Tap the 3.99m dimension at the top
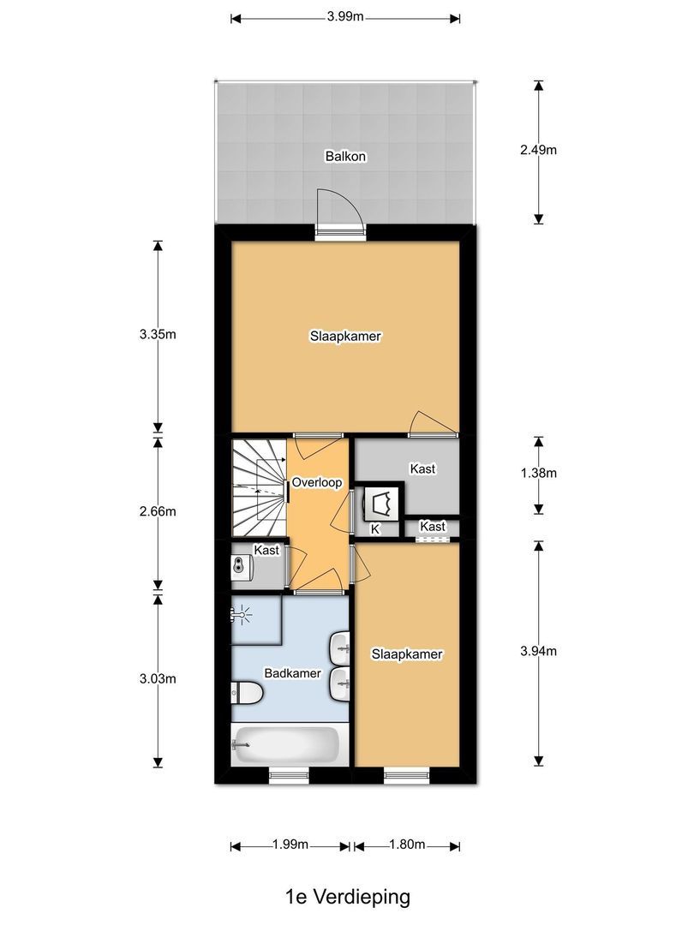pyautogui.click(x=344, y=17)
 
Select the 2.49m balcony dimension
pyautogui.click(x=538, y=150)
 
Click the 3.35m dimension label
pyautogui.click(x=158, y=334)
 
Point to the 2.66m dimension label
pyautogui.click(x=158, y=511)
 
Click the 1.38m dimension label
pyautogui.click(x=538, y=473)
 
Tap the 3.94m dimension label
pyautogui.click(x=538, y=651)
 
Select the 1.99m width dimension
pyautogui.click(x=290, y=845)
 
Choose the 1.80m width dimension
pyautogui.click(x=407, y=845)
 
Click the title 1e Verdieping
pyautogui.click(x=348, y=897)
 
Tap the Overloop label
pyautogui.click(x=317, y=483)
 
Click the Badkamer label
pyautogui.click(x=292, y=673)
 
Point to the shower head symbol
pyautogui.click(x=243, y=613)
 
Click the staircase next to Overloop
pyautogui.click(x=257, y=486)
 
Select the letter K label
pyautogui.click(x=374, y=530)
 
